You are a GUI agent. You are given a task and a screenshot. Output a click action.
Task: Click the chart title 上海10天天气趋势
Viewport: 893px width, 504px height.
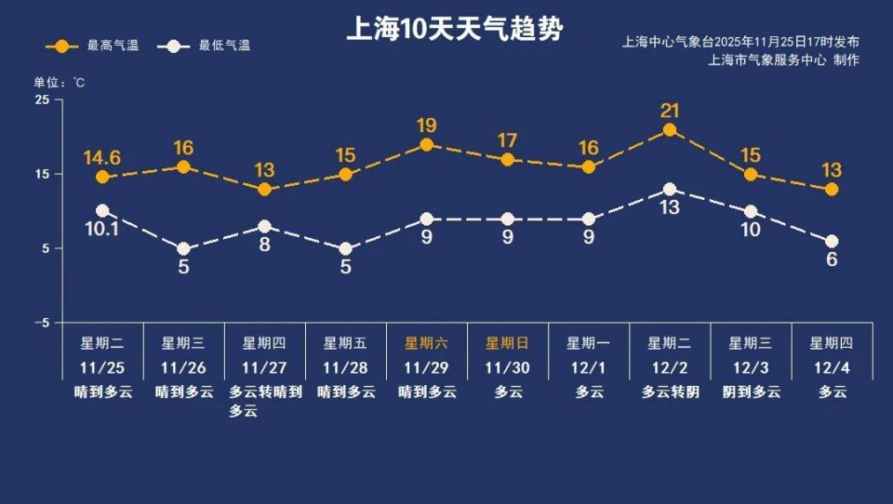[x=454, y=29]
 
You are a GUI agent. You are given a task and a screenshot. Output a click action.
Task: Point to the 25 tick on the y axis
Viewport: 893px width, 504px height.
[x=43, y=99]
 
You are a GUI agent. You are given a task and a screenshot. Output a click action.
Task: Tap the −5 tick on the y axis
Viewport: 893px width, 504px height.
[x=41, y=323]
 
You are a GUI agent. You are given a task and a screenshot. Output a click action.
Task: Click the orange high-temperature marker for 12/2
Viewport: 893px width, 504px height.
[x=669, y=130]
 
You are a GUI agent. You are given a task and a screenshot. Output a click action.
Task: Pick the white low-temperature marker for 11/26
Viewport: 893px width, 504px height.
[x=183, y=249]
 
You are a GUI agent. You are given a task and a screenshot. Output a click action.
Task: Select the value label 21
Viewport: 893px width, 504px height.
[x=670, y=111]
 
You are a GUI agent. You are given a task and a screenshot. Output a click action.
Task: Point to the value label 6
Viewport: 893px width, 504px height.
[x=832, y=259]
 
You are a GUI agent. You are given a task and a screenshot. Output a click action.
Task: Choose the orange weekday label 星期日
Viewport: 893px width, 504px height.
[x=508, y=343]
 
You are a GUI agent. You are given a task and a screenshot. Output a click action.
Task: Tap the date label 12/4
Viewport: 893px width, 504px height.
[x=832, y=367]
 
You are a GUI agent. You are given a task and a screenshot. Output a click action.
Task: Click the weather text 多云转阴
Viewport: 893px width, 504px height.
[x=670, y=392]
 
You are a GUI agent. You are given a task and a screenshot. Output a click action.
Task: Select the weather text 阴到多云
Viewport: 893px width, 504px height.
[x=751, y=392]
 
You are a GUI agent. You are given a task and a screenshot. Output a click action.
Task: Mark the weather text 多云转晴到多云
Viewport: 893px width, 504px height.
[x=265, y=401]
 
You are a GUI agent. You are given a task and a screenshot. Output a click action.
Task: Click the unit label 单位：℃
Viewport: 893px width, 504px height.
[x=60, y=83]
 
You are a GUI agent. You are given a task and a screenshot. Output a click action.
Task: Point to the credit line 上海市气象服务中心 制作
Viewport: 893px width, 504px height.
[x=783, y=60]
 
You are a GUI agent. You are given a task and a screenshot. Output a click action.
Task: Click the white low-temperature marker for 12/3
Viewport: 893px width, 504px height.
[x=751, y=212]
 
